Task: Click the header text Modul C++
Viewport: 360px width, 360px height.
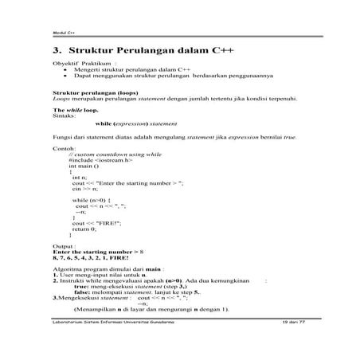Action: coord(63,33)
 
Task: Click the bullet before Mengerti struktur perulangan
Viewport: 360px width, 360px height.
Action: coord(65,69)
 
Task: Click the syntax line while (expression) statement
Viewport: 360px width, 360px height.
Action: coord(135,124)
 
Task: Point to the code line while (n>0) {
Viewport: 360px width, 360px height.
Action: coord(92,199)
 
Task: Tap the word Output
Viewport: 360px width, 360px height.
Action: coord(64,247)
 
